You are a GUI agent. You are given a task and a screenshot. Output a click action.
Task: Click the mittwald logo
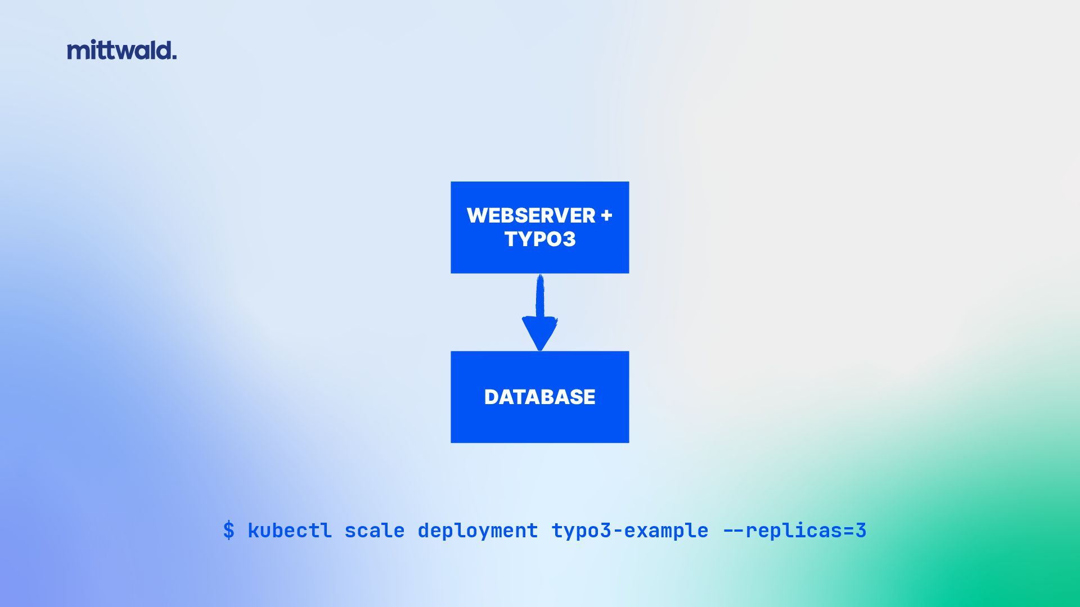click(121, 50)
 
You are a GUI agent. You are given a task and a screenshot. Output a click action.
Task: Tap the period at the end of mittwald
click(174, 57)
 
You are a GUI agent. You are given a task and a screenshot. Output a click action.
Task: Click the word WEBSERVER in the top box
click(530, 216)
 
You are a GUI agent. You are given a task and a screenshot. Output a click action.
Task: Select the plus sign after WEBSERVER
click(606, 216)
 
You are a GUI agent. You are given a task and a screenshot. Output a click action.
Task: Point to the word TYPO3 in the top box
click(539, 239)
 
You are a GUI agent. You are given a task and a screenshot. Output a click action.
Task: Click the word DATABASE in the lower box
click(539, 397)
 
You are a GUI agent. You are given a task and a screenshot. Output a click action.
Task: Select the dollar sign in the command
click(228, 531)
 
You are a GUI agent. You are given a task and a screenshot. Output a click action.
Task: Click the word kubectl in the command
click(289, 531)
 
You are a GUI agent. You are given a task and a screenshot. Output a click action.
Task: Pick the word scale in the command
click(374, 531)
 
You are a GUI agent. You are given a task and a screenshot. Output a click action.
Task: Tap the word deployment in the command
click(478, 531)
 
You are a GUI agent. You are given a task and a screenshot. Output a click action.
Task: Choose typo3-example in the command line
click(629, 531)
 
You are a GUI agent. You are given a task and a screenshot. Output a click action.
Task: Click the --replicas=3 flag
click(794, 531)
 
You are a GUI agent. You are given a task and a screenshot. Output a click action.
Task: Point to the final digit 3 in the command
click(861, 531)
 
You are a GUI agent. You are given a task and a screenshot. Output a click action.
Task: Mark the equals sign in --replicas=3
click(848, 531)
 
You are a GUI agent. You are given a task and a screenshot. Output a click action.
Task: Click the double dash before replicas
click(733, 531)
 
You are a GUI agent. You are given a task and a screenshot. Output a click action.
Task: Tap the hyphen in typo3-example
click(617, 531)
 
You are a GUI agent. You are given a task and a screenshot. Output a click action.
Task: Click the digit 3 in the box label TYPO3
click(569, 239)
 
